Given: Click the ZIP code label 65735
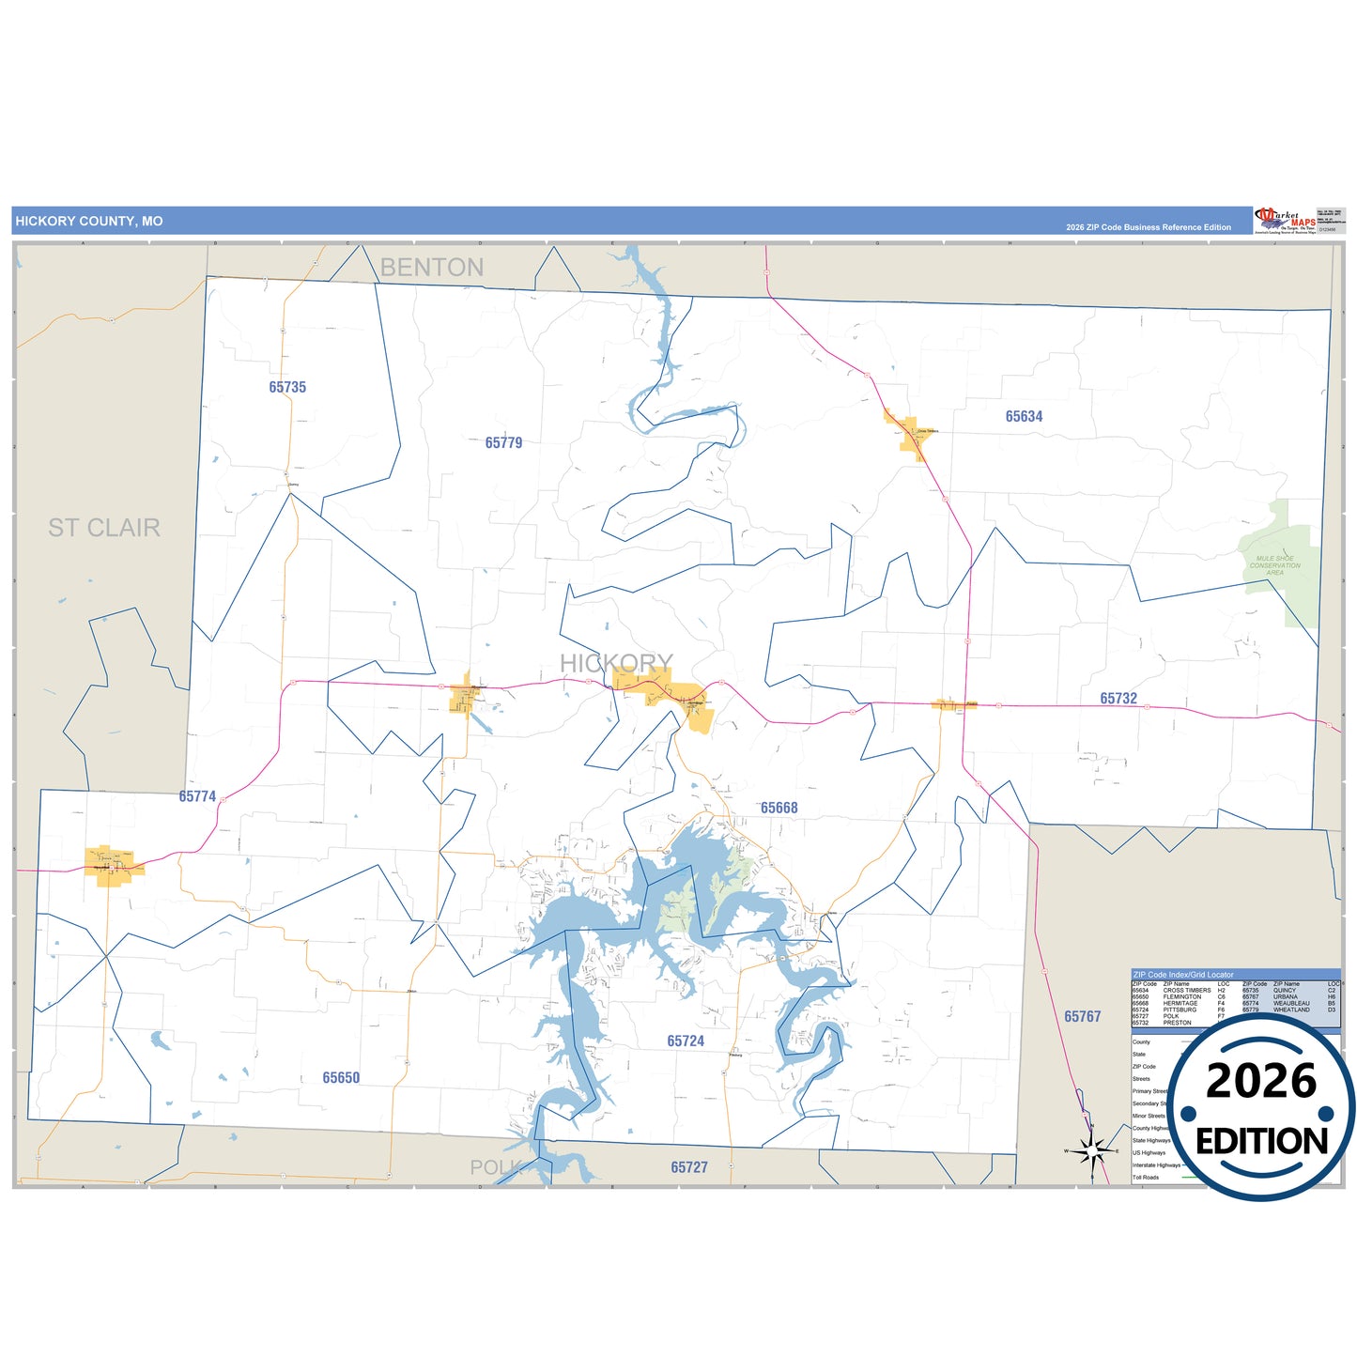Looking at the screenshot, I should [x=287, y=387].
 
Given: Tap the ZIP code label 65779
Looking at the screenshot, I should [x=503, y=442].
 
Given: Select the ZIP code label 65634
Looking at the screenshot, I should [x=1024, y=416].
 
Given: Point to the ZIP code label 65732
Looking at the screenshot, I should [x=1118, y=699].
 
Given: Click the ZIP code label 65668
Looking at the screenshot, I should [x=779, y=808].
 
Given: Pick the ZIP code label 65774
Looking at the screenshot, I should [x=197, y=796].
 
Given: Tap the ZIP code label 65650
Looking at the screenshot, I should [x=341, y=1078].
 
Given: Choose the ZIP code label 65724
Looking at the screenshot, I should [x=686, y=1041].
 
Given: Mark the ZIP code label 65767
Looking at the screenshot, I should [x=1082, y=1016].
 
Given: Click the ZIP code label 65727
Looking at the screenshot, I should [x=689, y=1167].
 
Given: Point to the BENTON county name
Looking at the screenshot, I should [x=432, y=268].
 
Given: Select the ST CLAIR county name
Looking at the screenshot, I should [x=104, y=528].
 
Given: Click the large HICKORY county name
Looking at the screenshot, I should [x=616, y=663].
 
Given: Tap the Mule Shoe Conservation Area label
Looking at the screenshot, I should [x=1274, y=565].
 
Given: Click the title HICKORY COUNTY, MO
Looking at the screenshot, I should [x=89, y=222].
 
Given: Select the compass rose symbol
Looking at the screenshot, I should [x=1092, y=1150].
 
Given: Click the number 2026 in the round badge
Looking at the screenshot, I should [x=1261, y=1081].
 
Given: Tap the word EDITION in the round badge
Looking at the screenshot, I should [x=1261, y=1141].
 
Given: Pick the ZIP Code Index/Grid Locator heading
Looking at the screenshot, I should [x=1183, y=975].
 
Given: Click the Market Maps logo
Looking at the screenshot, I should [x=1285, y=221].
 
